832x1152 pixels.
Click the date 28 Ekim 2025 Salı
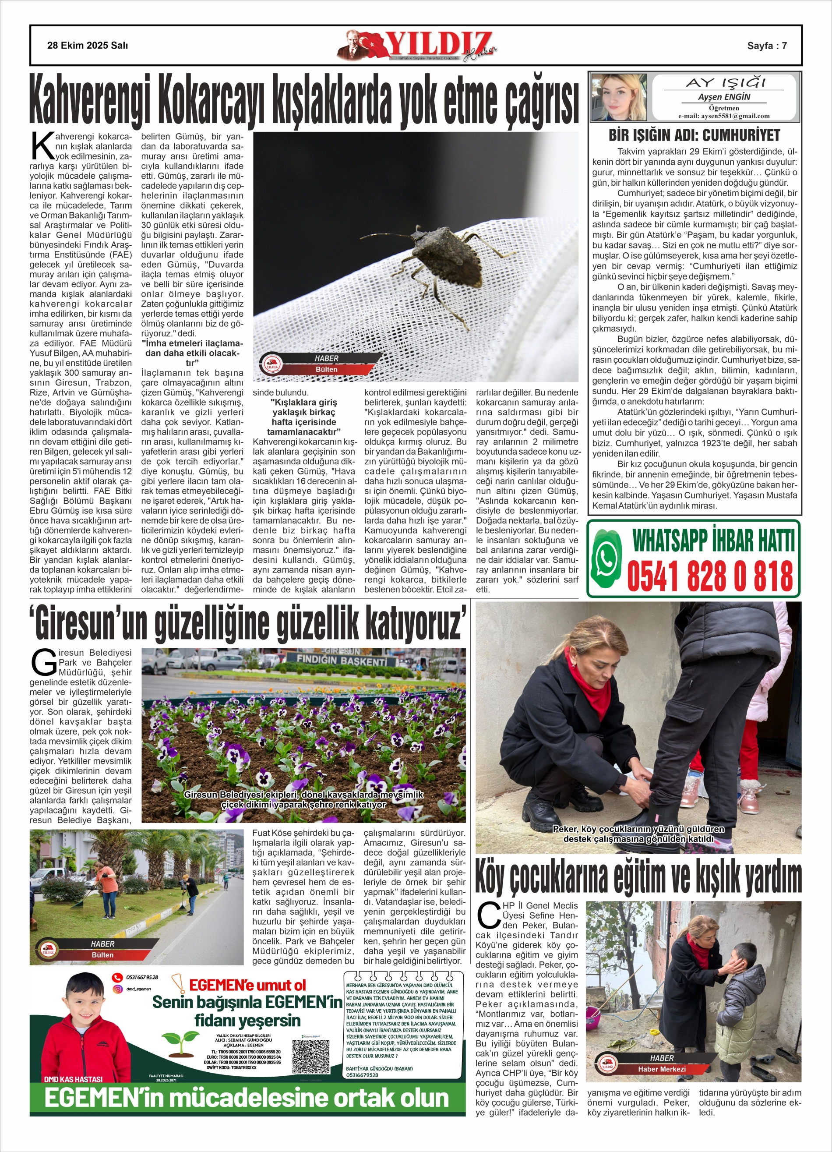(88, 46)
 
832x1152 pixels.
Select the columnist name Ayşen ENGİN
(723, 97)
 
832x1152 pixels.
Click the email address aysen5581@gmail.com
(724, 116)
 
